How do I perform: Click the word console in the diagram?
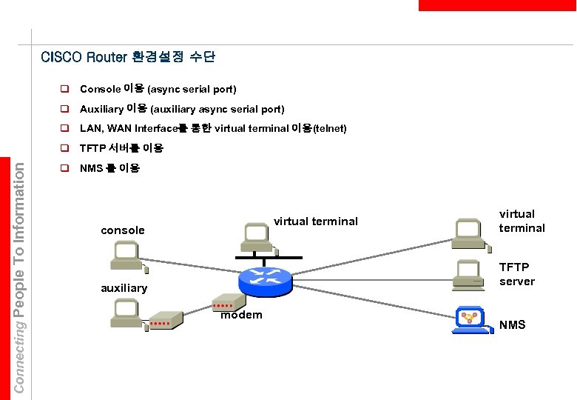(x=123, y=230)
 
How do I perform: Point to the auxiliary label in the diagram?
(x=124, y=287)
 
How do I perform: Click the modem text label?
(x=242, y=316)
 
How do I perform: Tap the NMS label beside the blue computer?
(x=512, y=324)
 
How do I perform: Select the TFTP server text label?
(x=516, y=273)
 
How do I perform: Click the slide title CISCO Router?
(x=84, y=57)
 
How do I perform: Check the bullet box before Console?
(x=64, y=90)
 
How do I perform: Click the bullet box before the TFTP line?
(x=64, y=148)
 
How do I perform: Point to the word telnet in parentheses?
(x=329, y=129)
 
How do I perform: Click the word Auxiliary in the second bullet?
(x=101, y=109)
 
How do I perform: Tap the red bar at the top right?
(x=496, y=5)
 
